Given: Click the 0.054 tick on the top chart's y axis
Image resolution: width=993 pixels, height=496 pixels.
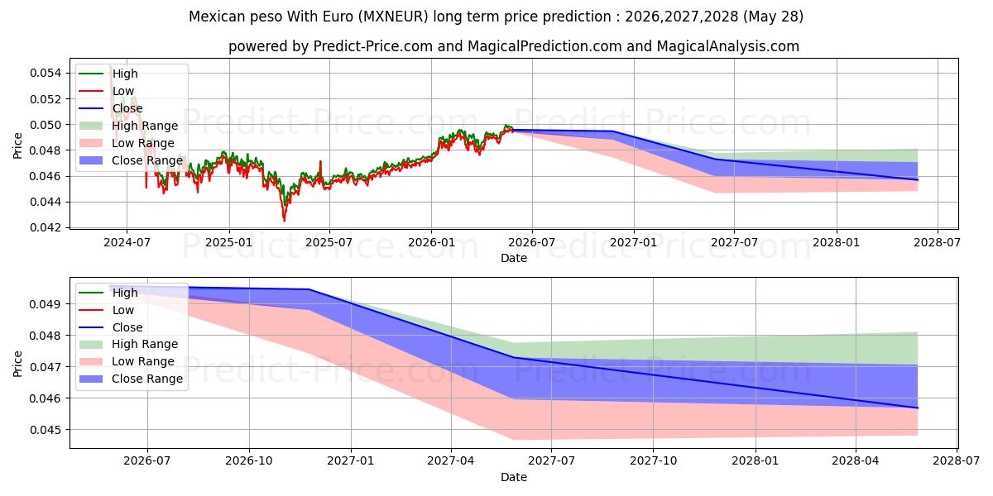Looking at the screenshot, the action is coord(46,73).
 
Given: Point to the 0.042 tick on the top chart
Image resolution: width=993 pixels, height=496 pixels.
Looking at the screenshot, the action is coord(46,227).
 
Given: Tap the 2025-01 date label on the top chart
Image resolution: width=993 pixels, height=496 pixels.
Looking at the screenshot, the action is coord(229,243).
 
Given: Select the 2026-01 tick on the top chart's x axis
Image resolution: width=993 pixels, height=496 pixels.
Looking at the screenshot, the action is coord(431,243).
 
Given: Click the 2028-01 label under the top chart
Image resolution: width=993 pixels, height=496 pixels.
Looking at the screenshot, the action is coord(837,243).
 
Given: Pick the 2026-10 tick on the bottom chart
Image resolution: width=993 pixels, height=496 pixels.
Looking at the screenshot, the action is coord(249,461).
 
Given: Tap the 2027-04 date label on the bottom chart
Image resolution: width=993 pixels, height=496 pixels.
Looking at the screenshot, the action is coord(451,461).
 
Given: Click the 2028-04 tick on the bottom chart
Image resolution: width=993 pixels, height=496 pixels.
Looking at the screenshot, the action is coord(856,461).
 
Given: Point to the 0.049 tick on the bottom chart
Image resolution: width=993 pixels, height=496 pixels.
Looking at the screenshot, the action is coord(46,304).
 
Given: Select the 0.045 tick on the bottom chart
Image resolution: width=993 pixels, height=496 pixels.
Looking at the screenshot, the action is coord(46,430).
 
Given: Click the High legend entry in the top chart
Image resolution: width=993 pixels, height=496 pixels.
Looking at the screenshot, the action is coord(108,74).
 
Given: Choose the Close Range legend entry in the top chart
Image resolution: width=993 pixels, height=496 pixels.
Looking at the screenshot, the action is coord(131,160).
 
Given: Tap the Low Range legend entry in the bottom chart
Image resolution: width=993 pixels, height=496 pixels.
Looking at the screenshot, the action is coord(127,361).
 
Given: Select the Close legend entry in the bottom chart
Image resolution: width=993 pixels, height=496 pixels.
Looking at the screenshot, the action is coord(111,327).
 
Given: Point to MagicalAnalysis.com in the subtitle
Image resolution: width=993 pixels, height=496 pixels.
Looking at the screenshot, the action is coord(728,46).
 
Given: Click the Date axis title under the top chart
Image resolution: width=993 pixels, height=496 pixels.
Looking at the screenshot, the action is coord(514,258).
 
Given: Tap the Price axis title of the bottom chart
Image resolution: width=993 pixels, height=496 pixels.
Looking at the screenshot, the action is coord(17,364).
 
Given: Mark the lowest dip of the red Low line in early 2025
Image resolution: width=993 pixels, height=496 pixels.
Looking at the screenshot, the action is coord(284,221).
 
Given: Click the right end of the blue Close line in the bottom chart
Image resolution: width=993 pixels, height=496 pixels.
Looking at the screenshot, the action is coord(918,408).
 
